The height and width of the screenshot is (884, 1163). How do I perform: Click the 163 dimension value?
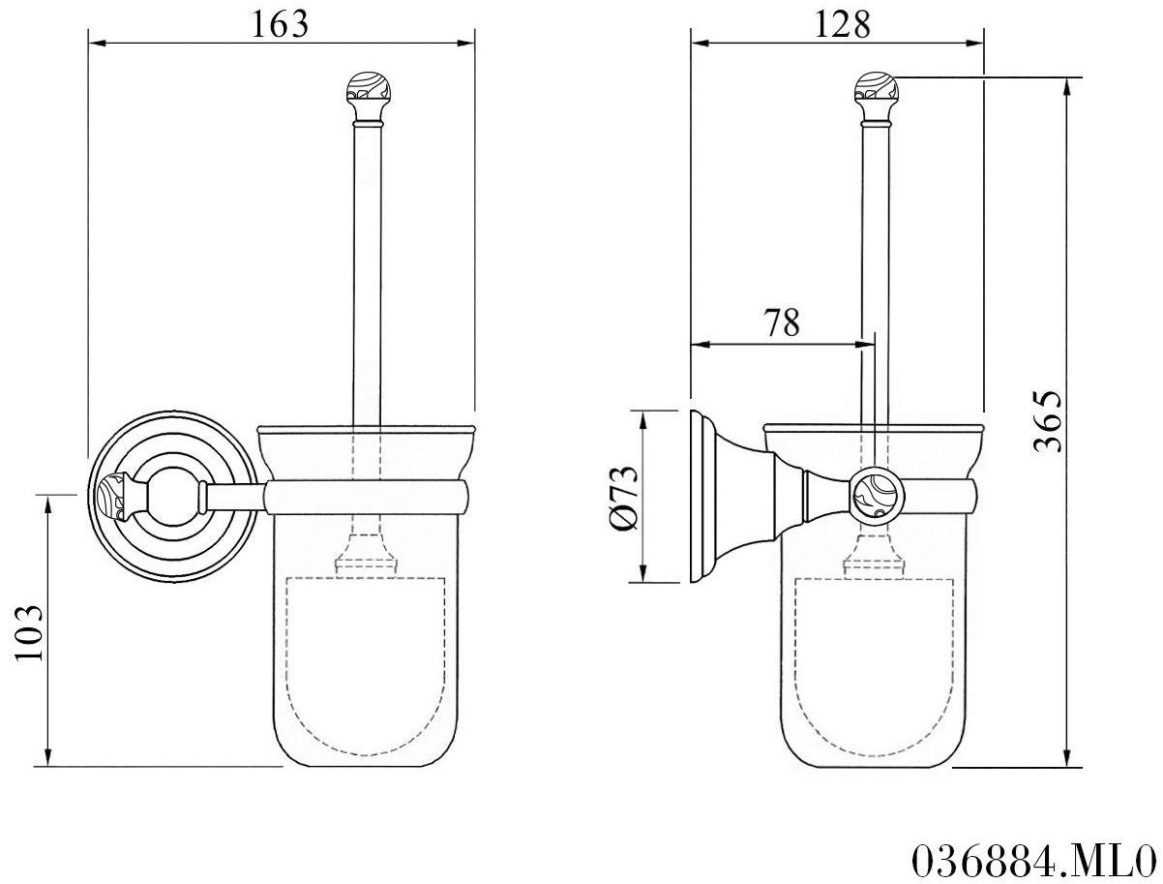coord(280,25)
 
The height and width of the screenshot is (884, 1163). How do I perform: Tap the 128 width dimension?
coord(842,25)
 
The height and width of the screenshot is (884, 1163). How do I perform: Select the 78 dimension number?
coord(782,322)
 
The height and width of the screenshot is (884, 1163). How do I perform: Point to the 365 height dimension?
coord(1048,422)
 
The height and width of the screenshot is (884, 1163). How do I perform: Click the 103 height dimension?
coord(28,632)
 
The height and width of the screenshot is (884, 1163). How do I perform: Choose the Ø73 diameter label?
coord(624,498)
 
